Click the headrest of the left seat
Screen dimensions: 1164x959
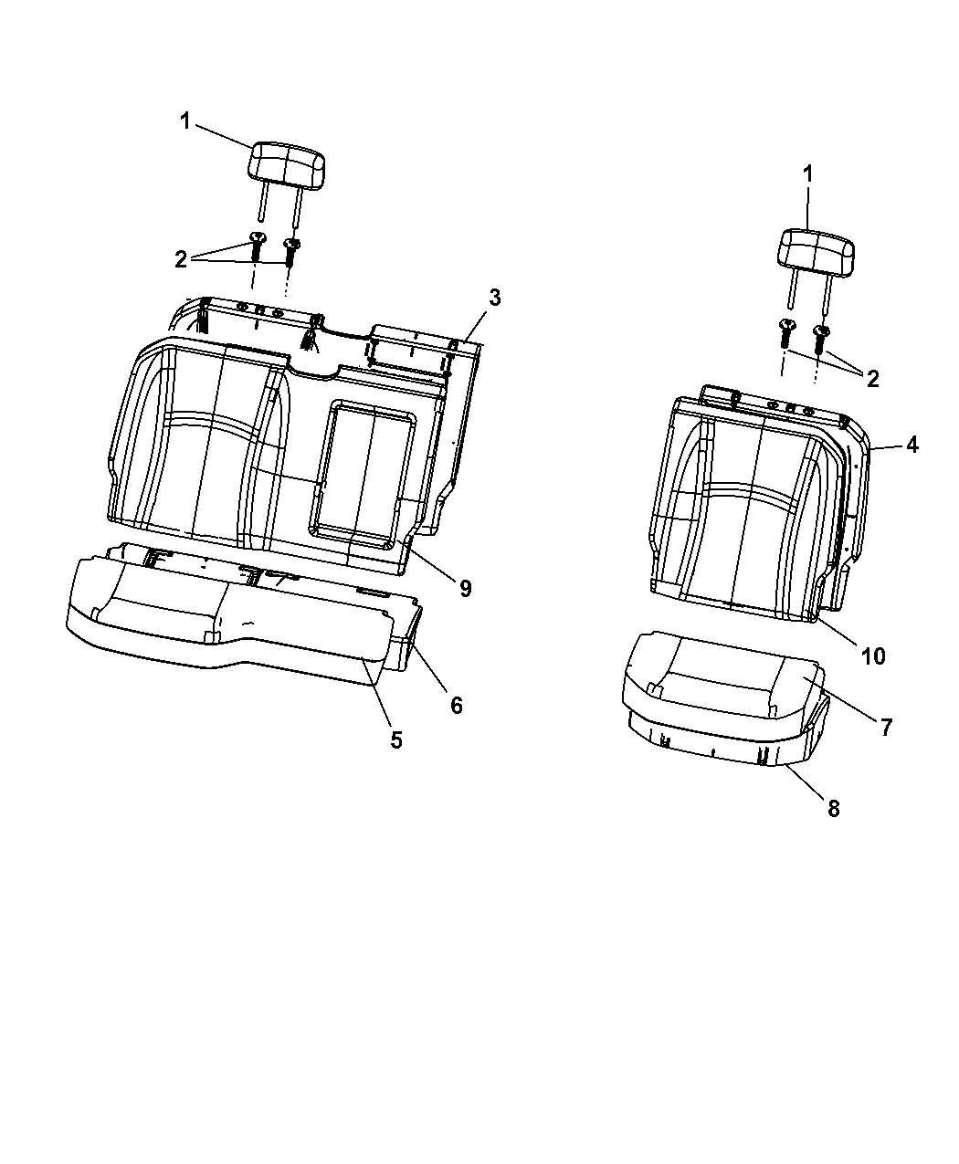pos(286,163)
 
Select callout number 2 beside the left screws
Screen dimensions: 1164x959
pos(181,259)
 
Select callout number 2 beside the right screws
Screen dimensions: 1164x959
pos(873,379)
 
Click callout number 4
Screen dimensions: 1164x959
pos(912,446)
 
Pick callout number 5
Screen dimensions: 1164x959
pos(396,739)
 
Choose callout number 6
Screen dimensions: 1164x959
pos(456,705)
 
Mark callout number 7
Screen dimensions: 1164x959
pos(886,727)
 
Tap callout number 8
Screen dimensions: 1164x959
pos(833,808)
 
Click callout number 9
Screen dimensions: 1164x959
pos(465,589)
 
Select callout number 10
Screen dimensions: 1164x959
pos(873,655)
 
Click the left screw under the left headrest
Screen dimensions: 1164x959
pos(257,244)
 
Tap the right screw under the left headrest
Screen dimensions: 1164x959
pos(292,249)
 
